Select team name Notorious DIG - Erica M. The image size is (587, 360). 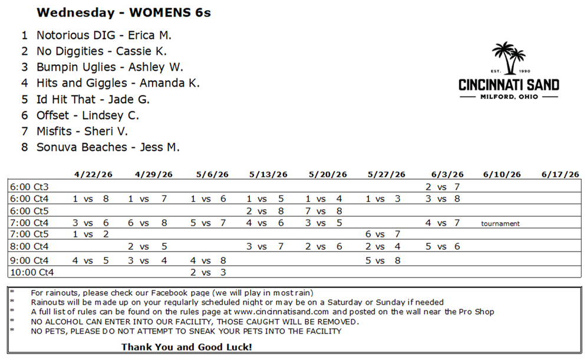[104, 35]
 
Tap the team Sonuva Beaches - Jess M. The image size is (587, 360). [108, 147]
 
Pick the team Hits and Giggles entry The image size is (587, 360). [118, 83]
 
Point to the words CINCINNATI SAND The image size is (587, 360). [509, 85]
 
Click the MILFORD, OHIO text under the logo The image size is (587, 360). [509, 97]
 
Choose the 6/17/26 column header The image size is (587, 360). [560, 174]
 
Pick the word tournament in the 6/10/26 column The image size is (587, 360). [500, 223]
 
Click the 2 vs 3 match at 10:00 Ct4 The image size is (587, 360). [209, 272]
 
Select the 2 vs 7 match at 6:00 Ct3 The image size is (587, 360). [443, 187]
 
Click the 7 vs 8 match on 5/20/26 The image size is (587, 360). [324, 211]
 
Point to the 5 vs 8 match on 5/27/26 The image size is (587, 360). [383, 260]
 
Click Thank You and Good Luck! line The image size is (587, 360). [187, 347]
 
